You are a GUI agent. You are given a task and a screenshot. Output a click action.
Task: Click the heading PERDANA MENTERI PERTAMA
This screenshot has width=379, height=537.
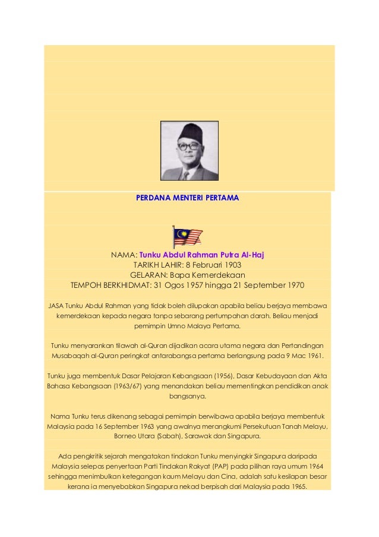(x=188, y=197)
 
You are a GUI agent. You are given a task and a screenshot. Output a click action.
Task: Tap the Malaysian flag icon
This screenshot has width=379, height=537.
(x=187, y=237)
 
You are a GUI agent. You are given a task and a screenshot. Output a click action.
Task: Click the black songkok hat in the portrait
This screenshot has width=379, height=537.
(x=190, y=131)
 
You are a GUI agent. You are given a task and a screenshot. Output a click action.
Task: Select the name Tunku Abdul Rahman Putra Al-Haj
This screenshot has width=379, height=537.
(x=201, y=255)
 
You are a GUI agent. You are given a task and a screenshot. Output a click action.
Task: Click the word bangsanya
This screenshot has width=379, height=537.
(x=188, y=396)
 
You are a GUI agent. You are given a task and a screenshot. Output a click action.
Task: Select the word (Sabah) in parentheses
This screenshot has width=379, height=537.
(x=169, y=436)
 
